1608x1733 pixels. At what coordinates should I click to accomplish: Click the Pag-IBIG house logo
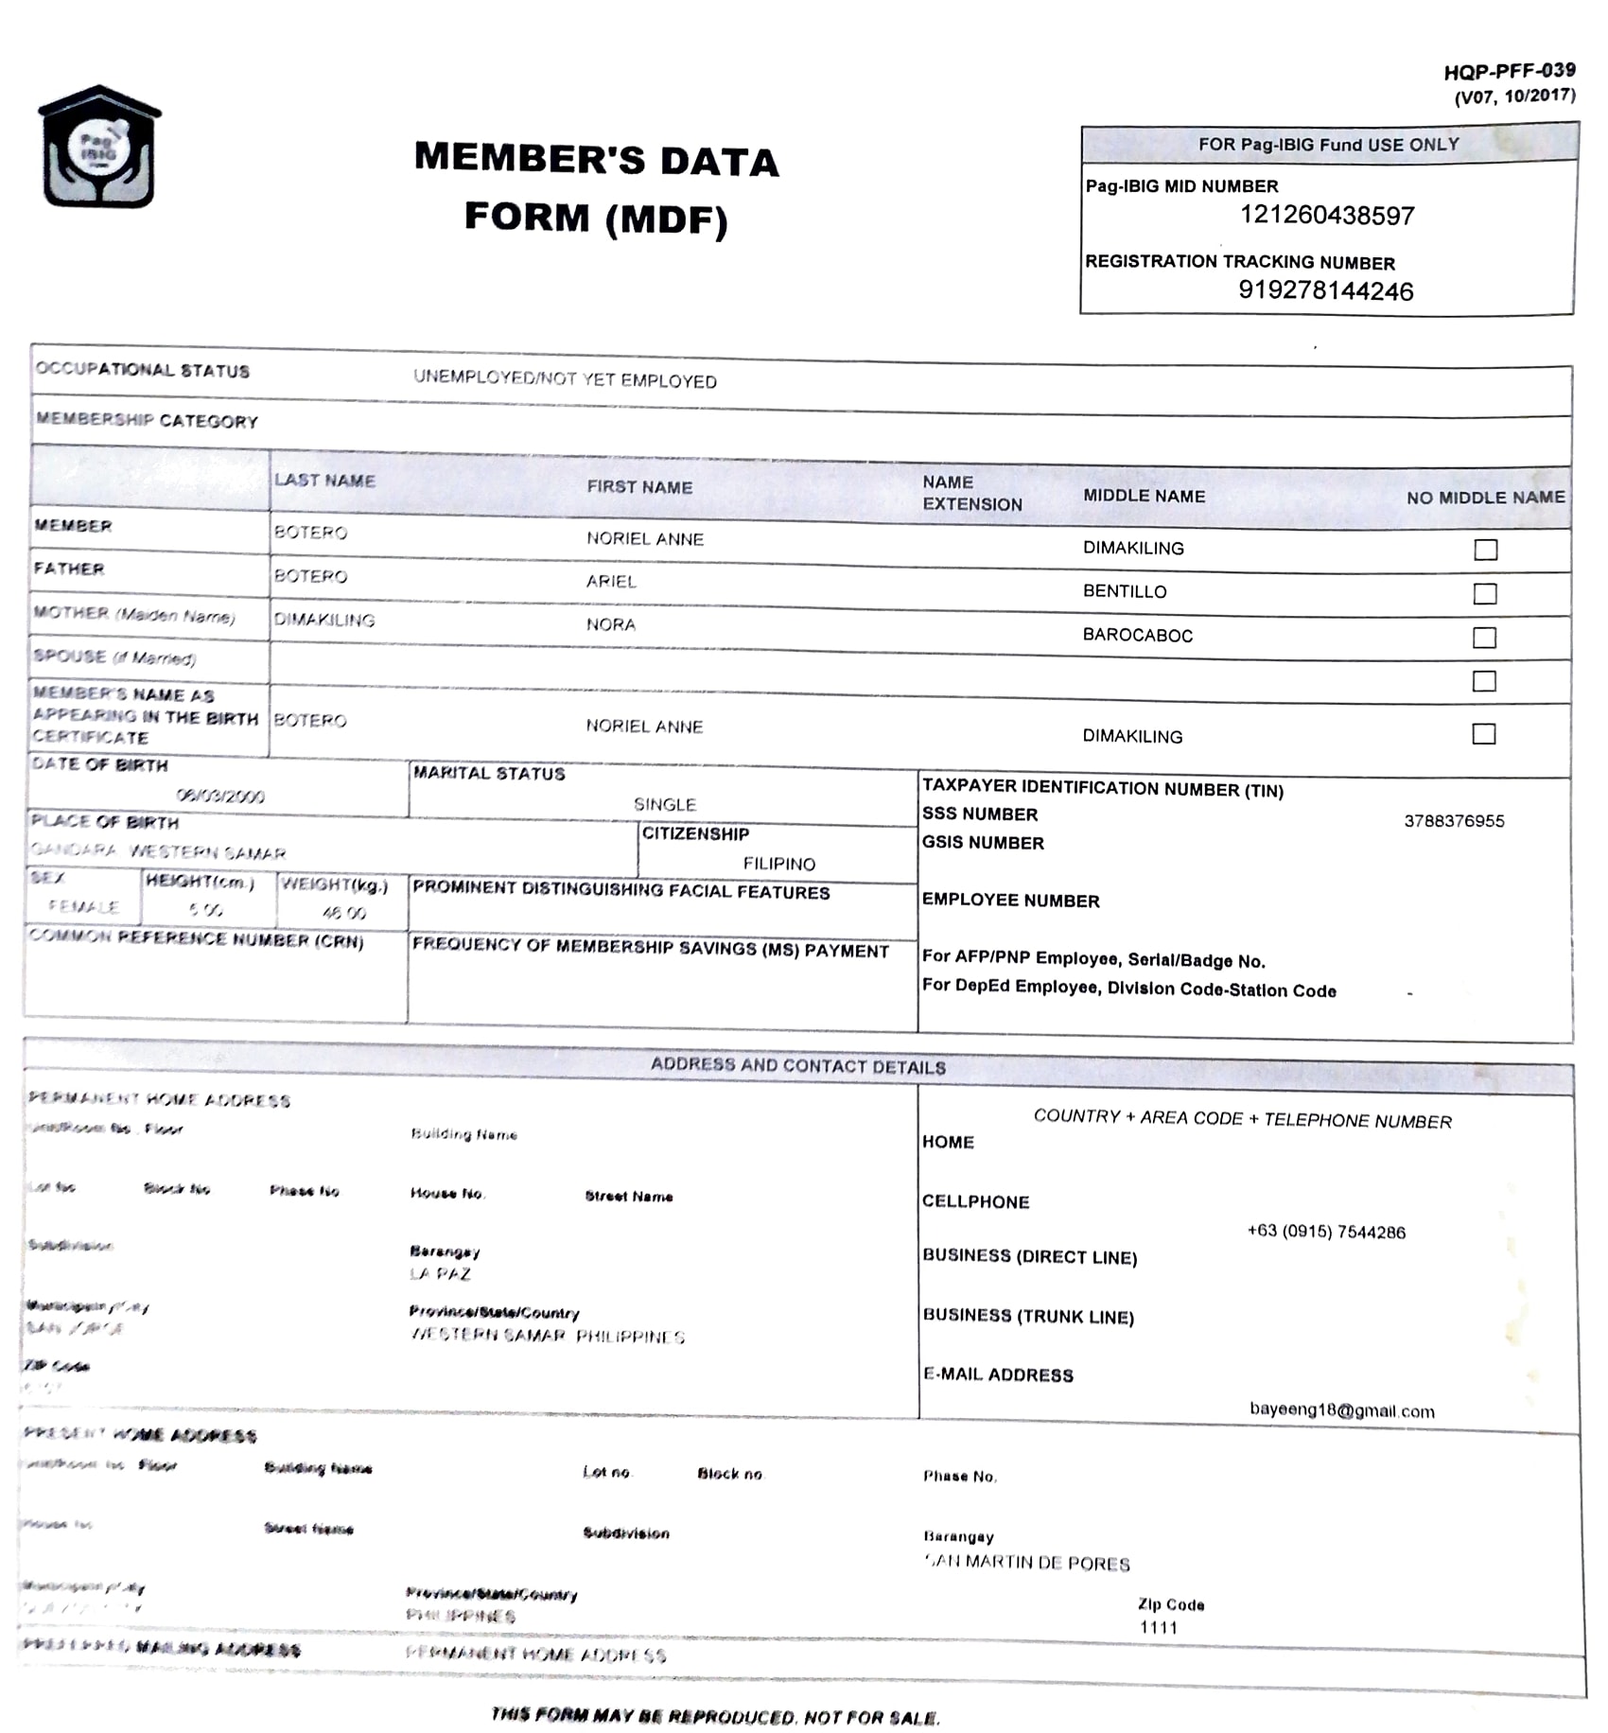[x=98, y=148]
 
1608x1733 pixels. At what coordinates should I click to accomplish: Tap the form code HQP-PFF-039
[x=1509, y=71]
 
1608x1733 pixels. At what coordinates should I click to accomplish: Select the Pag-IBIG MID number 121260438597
[x=1326, y=216]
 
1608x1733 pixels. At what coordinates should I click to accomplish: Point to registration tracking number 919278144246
[x=1325, y=290]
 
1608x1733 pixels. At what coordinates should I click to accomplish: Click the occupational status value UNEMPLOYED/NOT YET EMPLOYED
[x=565, y=379]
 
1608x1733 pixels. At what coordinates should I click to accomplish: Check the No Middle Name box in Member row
[x=1485, y=550]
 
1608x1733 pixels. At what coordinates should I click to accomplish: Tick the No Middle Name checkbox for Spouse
[x=1483, y=681]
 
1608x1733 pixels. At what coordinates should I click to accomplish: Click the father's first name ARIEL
[x=611, y=581]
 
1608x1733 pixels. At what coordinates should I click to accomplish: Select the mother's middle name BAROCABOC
[x=1137, y=635]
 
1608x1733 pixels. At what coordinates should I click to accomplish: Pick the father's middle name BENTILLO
[x=1124, y=591]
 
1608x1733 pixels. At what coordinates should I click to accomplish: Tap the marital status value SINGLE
[x=664, y=804]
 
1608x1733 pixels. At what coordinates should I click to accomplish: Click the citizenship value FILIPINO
[x=778, y=864]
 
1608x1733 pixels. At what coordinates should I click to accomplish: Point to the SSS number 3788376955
[x=1453, y=821]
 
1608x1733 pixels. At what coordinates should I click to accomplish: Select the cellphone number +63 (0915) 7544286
[x=1325, y=1232]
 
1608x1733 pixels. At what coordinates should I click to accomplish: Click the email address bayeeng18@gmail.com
[x=1340, y=1410]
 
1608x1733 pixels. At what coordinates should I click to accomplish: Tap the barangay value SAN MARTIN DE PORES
[x=1027, y=1562]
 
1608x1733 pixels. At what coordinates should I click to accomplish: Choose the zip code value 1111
[x=1158, y=1627]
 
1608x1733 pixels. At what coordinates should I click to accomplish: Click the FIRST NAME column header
[x=639, y=487]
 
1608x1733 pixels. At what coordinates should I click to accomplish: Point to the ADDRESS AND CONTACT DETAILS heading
[x=797, y=1066]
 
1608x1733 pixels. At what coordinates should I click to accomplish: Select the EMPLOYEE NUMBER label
[x=1010, y=901]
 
